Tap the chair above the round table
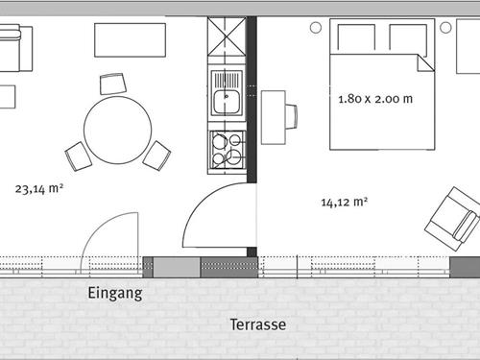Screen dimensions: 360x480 [x=113, y=84]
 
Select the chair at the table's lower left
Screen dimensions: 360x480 [x=78, y=156]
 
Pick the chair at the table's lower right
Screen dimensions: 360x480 [x=156, y=155]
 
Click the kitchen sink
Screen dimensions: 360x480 [x=226, y=98]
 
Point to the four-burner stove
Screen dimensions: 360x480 [x=227, y=149]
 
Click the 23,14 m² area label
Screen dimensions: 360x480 [x=39, y=190]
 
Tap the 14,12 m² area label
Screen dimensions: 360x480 [x=345, y=202]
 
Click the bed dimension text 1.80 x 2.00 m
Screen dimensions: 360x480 [x=375, y=98]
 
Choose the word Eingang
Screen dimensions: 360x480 [x=114, y=294]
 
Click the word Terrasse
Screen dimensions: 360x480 [x=257, y=324]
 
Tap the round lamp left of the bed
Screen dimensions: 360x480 [x=315, y=28]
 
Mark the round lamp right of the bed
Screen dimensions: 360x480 [x=445, y=28]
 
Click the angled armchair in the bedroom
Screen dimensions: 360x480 [x=452, y=219]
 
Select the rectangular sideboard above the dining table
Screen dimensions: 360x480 [x=130, y=40]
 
